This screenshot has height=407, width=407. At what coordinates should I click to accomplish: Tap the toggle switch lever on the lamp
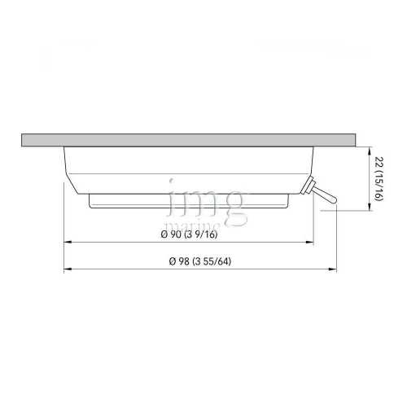(324, 195)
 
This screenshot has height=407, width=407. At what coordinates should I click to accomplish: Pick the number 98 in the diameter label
(182, 260)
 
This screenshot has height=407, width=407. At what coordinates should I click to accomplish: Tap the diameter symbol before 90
(169, 235)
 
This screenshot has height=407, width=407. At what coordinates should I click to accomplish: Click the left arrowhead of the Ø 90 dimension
(69, 243)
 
